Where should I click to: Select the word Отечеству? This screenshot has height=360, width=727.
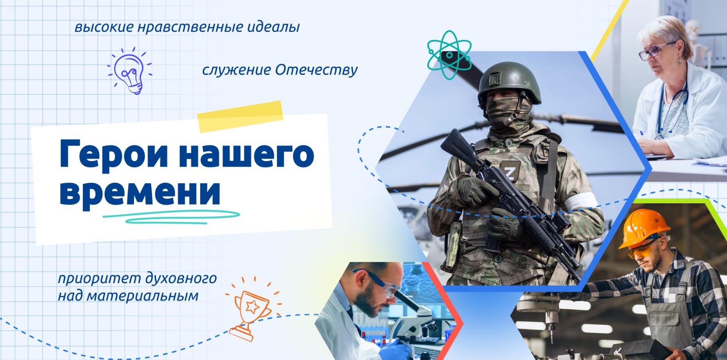316,70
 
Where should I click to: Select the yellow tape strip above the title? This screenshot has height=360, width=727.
240,116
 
